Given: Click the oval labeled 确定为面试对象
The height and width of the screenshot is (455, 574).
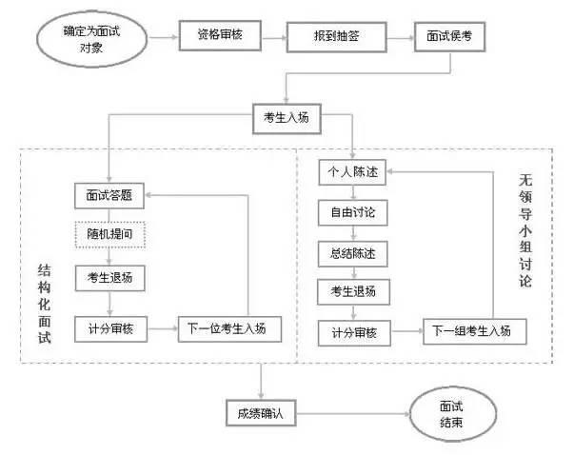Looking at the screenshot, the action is (92, 40).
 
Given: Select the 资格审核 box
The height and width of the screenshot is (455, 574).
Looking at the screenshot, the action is (220, 35).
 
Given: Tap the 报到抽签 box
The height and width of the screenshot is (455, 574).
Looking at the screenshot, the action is (337, 37).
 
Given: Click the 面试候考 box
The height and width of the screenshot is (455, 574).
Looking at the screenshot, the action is (449, 36).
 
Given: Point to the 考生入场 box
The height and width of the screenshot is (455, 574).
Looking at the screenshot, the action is (287, 119).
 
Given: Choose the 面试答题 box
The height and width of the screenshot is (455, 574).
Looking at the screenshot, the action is (109, 196).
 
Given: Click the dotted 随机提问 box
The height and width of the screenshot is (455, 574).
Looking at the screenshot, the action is (110, 234).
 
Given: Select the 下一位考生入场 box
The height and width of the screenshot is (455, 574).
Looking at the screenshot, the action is (230, 329).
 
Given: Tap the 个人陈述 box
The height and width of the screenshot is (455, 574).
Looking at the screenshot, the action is (352, 172).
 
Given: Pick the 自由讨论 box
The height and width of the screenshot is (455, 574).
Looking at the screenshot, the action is (353, 212).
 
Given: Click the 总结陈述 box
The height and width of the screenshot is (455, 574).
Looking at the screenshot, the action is (353, 253).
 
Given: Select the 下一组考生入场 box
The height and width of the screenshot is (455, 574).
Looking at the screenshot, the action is (475, 331).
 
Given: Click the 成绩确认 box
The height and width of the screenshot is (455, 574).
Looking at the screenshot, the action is (261, 413).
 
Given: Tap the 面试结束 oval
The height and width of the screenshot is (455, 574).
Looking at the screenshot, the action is (452, 414).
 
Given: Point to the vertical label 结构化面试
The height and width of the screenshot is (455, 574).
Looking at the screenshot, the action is (45, 304).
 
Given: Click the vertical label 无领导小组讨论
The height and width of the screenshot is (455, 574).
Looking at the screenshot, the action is (525, 230).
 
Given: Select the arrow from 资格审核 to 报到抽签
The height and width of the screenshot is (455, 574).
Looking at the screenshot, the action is (274, 37).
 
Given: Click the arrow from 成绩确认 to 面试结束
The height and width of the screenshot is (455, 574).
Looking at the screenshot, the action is (353, 414).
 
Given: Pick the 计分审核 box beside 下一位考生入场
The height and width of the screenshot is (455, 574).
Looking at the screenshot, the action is (111, 329).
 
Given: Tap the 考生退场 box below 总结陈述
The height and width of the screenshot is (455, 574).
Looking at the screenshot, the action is (353, 291).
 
